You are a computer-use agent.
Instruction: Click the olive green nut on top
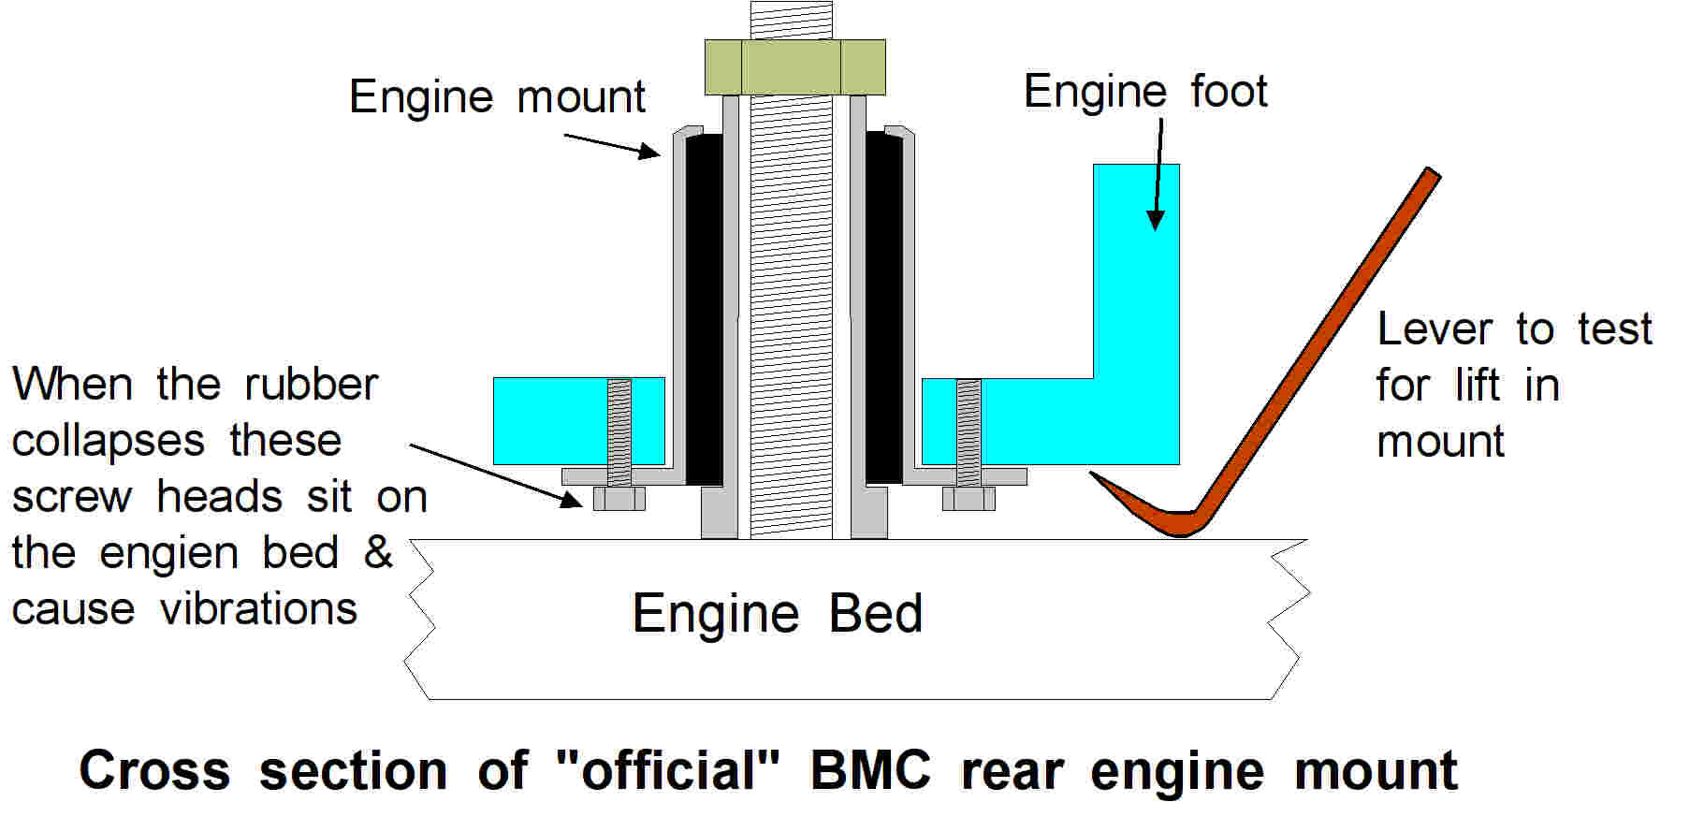click(794, 66)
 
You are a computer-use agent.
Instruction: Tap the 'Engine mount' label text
click(497, 97)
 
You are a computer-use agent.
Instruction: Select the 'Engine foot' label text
click(1144, 92)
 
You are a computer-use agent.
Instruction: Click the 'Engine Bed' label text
click(777, 615)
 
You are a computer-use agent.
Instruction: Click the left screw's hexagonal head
click(619, 499)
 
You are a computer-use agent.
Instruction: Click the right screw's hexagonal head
click(968, 499)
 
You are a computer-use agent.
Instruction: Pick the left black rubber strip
click(704, 309)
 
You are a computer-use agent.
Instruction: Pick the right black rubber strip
click(883, 309)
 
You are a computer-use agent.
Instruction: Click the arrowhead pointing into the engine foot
click(1156, 221)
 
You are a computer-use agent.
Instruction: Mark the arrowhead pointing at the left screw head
click(572, 500)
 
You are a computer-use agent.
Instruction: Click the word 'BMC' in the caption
click(870, 771)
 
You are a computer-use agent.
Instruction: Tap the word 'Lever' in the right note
click(1435, 329)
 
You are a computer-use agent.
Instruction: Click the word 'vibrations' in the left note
click(258, 610)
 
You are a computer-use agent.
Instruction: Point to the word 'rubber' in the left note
click(311, 385)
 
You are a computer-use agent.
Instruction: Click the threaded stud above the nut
click(791, 20)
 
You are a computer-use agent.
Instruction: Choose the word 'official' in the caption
click(667, 771)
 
